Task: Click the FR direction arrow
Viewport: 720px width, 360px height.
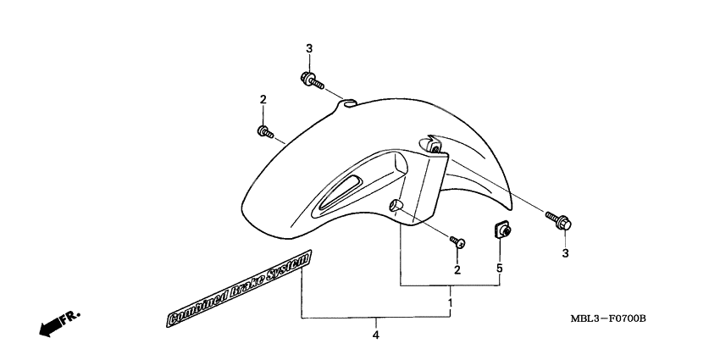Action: tap(59, 323)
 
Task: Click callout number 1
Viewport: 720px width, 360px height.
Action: tap(451, 302)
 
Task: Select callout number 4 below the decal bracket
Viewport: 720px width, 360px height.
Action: tap(375, 335)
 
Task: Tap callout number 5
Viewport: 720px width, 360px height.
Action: tap(500, 269)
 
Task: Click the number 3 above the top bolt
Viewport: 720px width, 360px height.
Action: tap(309, 48)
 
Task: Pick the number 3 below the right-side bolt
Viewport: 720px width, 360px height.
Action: tap(565, 252)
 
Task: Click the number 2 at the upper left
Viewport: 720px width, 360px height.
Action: tap(263, 100)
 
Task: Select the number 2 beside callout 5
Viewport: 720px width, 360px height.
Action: tap(457, 269)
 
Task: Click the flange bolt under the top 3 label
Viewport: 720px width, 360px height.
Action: tap(311, 81)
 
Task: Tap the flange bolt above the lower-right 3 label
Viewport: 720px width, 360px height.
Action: tap(561, 222)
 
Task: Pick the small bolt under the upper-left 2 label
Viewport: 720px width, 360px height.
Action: tap(263, 131)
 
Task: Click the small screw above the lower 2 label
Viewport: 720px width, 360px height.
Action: tap(458, 242)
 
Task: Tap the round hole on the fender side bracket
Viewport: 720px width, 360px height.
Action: tap(395, 206)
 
